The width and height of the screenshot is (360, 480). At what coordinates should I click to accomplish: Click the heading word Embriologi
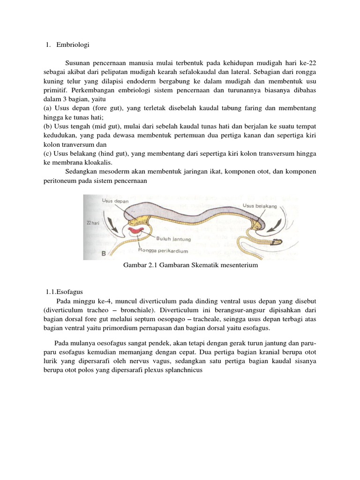(72, 45)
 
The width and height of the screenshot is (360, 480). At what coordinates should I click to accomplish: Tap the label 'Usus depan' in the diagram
(115, 201)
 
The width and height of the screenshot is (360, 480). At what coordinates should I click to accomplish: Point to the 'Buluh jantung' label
(173, 239)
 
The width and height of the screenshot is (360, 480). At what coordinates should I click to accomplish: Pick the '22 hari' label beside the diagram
(94, 223)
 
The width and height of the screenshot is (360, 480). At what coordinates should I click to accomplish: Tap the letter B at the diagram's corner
(104, 254)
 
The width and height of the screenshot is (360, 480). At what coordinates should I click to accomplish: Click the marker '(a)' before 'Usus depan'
(47, 108)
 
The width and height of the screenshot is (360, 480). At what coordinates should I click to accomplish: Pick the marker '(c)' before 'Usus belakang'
(47, 153)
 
